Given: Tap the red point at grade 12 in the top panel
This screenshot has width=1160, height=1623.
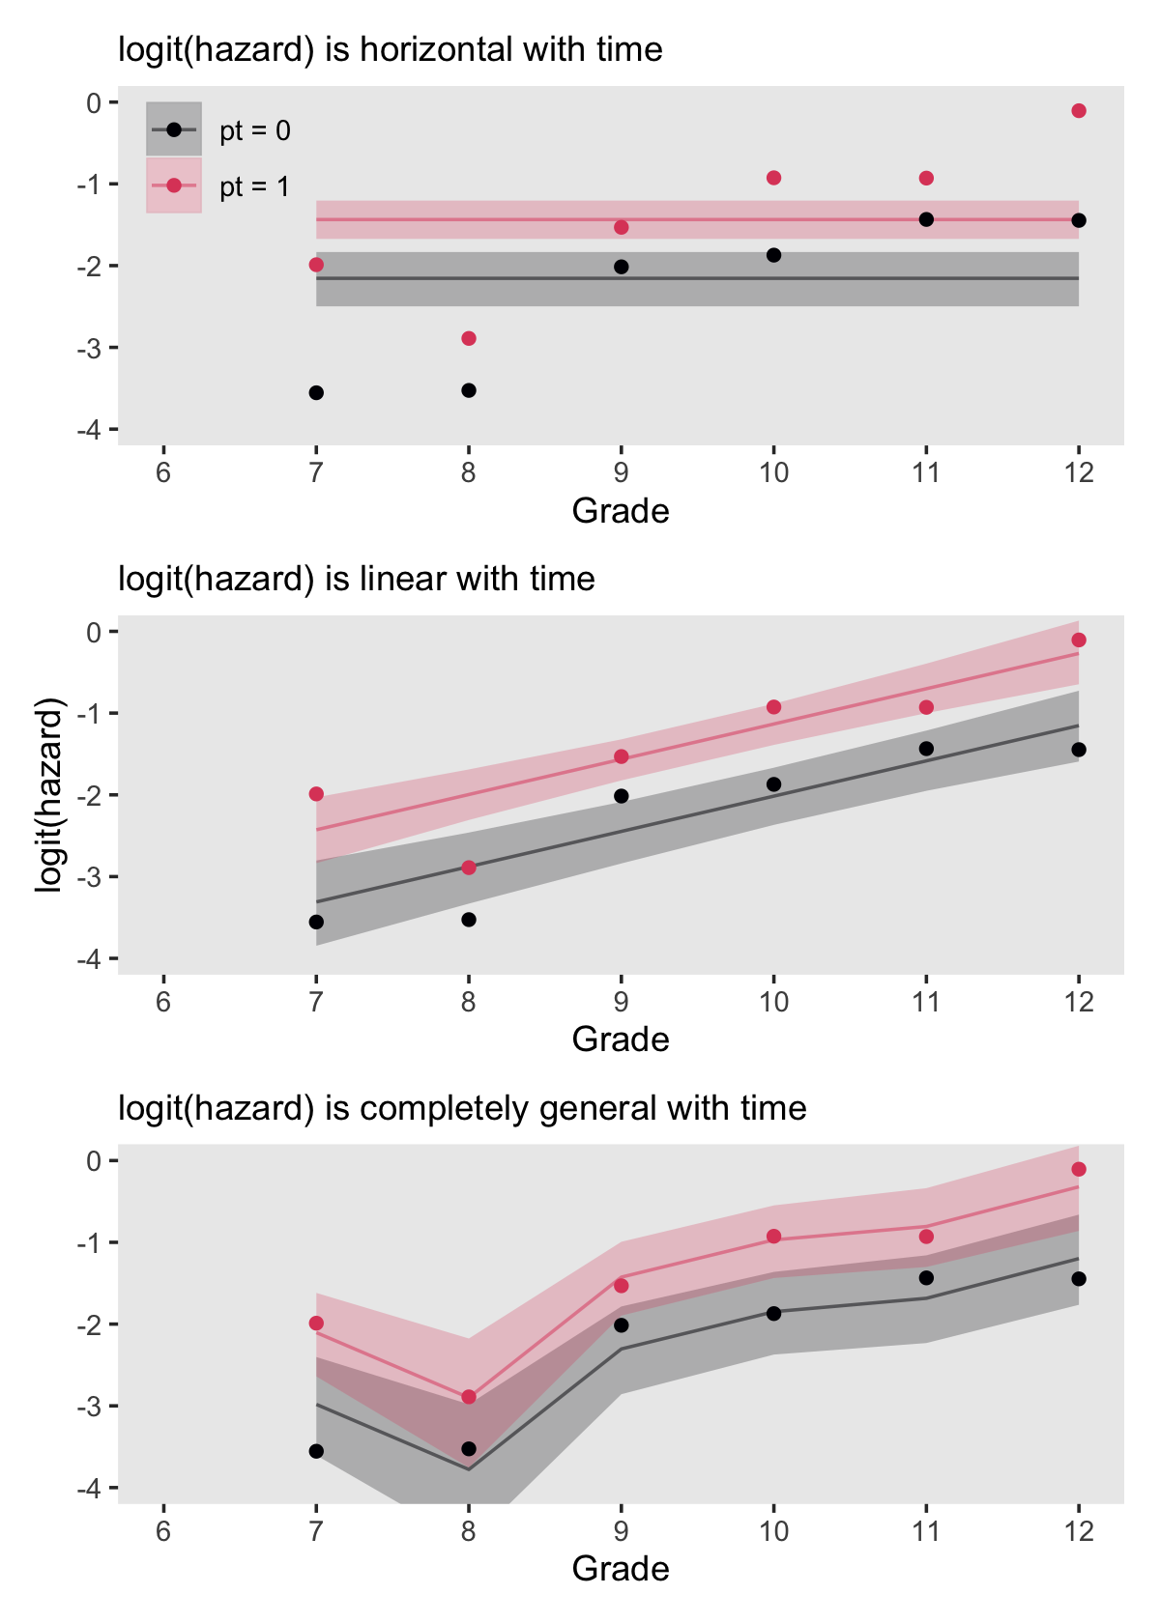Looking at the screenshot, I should (x=1079, y=111).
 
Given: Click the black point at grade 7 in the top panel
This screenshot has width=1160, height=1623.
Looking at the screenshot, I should (x=316, y=393).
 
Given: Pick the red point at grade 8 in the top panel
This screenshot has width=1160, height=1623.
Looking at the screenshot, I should (x=469, y=338).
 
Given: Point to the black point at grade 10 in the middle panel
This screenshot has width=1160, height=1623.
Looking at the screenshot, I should (x=773, y=784).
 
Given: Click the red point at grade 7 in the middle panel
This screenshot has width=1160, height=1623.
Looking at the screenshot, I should (x=316, y=794).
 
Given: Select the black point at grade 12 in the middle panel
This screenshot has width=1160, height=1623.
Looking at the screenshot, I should (x=1079, y=750).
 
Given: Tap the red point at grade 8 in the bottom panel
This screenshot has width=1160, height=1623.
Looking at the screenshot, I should (x=469, y=1397).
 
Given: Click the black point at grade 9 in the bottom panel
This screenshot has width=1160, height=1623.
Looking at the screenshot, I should (x=622, y=1325).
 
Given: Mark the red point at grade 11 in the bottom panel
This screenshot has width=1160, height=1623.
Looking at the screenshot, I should (x=926, y=1237).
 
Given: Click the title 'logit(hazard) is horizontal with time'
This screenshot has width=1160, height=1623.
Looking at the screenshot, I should (x=391, y=49).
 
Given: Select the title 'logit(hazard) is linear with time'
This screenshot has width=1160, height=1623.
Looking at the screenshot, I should (x=357, y=579).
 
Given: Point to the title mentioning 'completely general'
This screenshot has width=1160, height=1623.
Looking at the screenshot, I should (x=462, y=1108).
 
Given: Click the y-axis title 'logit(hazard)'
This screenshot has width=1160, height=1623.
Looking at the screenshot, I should (x=49, y=794).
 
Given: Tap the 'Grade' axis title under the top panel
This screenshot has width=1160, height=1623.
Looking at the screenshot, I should (x=621, y=511).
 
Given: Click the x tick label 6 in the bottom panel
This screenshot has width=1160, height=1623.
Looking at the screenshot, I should (x=163, y=1531).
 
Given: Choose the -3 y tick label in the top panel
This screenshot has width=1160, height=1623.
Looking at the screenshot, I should (x=94, y=348).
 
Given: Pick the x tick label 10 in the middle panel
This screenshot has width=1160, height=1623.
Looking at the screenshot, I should (x=773, y=1002).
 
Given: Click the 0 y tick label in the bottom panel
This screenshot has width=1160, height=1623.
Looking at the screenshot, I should (x=94, y=1161).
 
